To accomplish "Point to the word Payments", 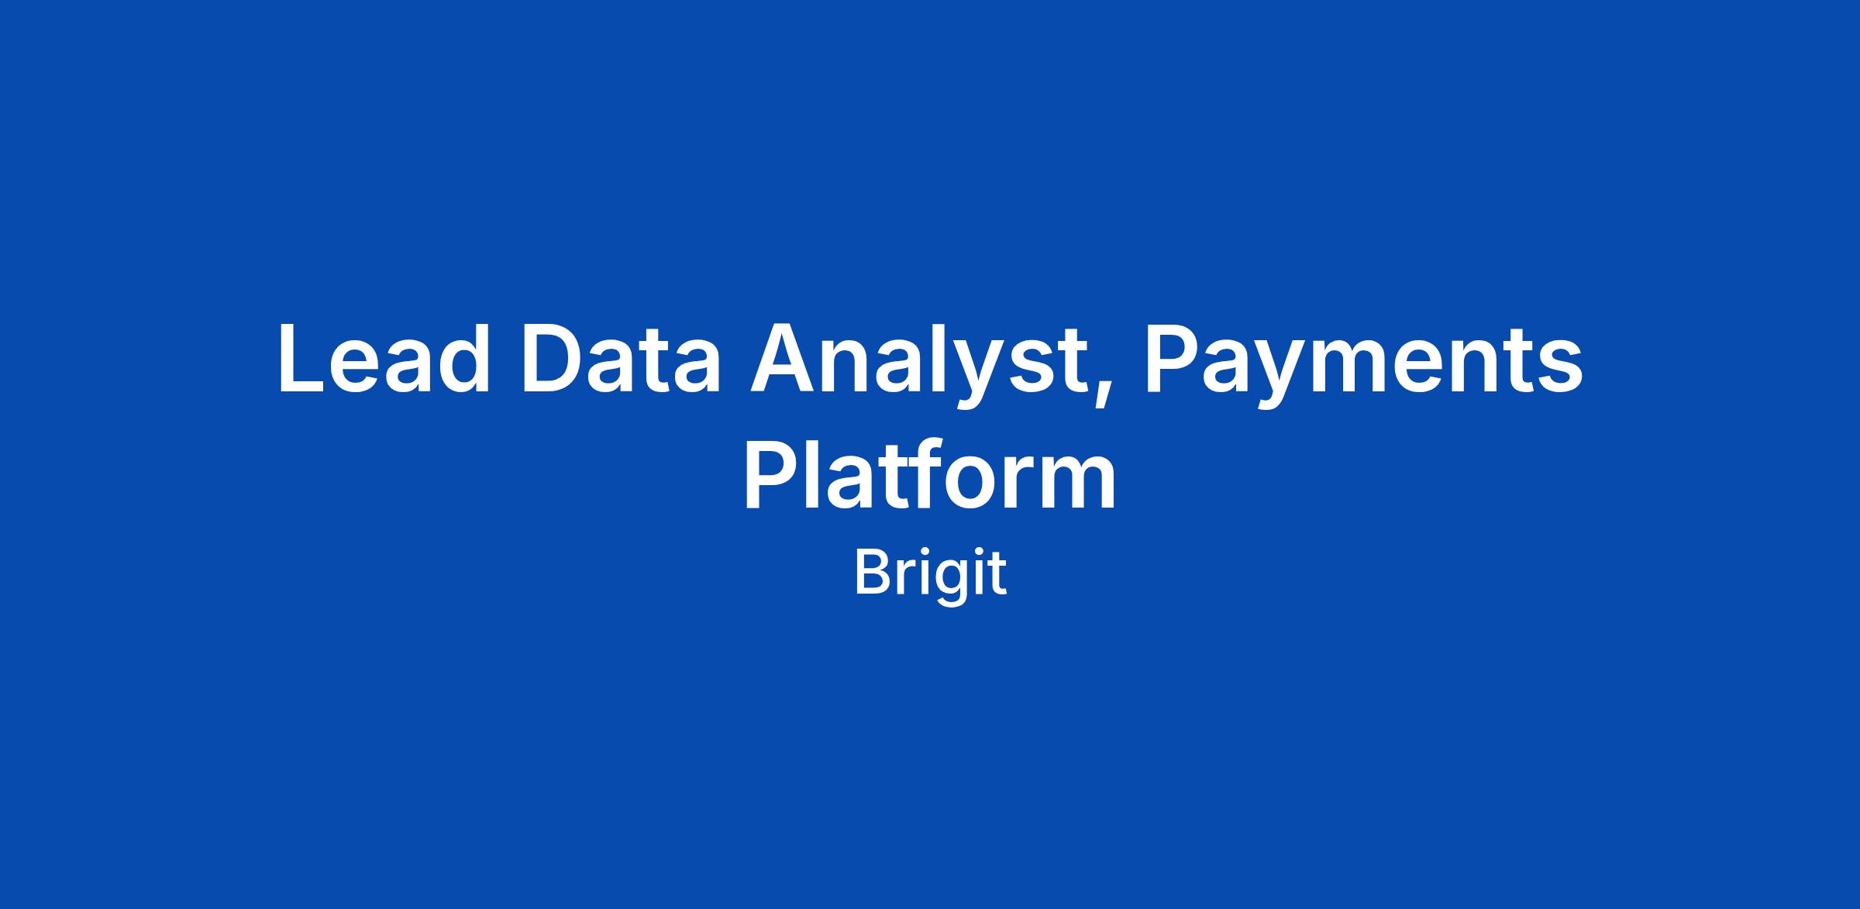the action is (1363, 364).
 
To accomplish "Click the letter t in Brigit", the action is (997, 575).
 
